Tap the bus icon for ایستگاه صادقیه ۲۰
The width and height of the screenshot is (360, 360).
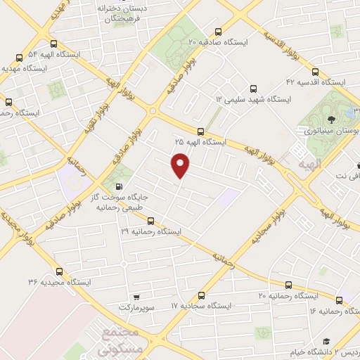pyautogui.click(x=219, y=32)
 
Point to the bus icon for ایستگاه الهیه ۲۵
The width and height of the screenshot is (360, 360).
pyautogui.click(x=201, y=131)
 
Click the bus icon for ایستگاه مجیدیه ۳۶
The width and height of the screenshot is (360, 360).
pyautogui.click(x=58, y=271)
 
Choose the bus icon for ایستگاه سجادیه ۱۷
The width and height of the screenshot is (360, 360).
pyautogui.click(x=202, y=295)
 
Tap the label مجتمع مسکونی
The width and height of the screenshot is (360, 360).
pyautogui.click(x=109, y=341)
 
